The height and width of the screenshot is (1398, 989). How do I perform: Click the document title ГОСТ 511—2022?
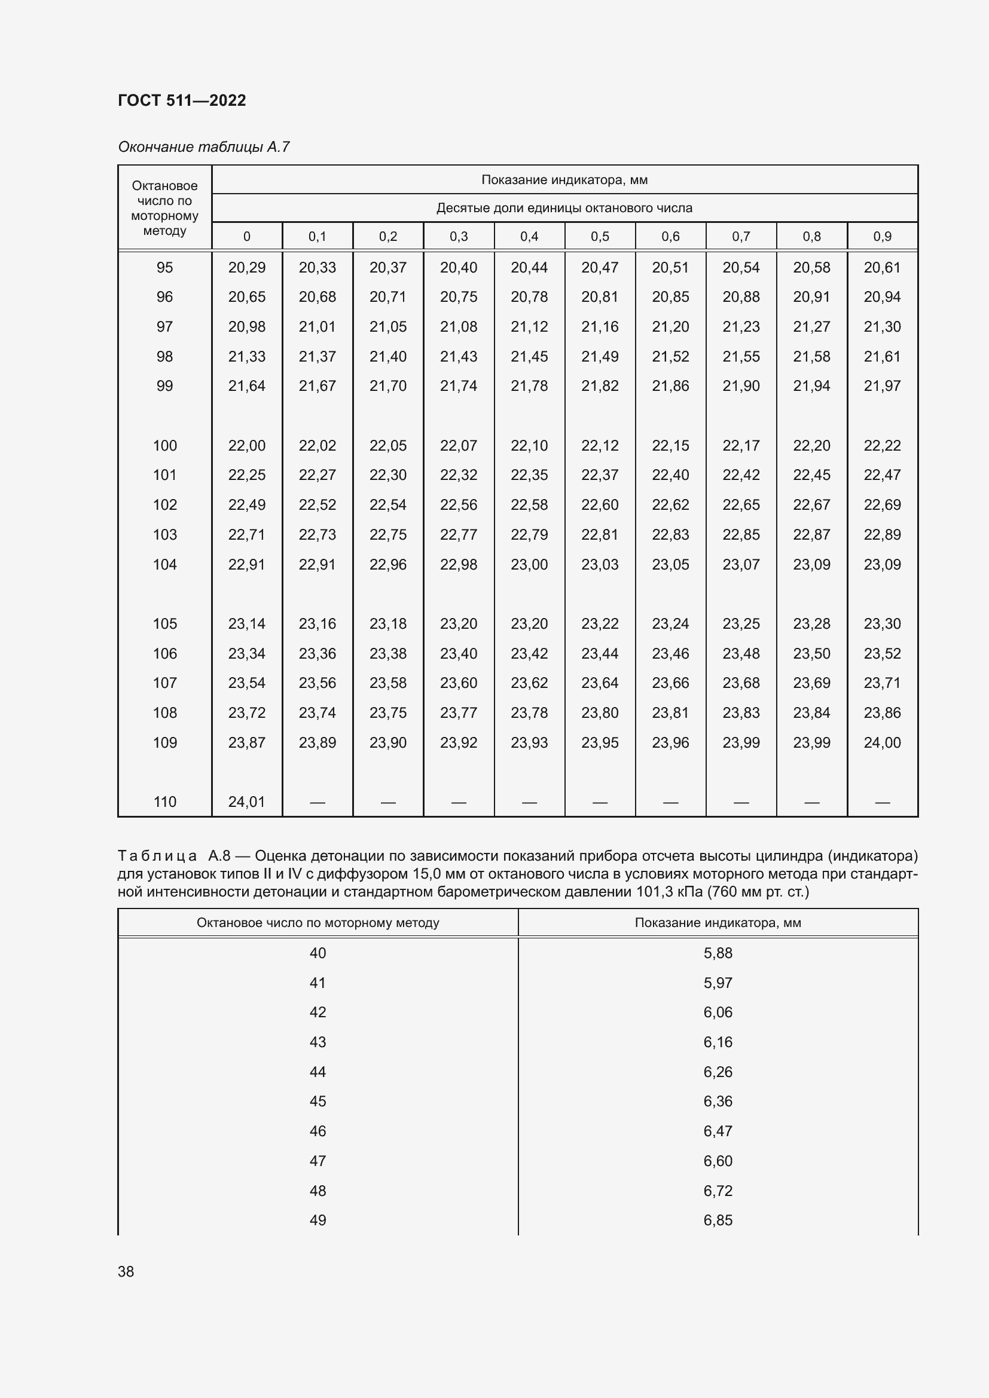pyautogui.click(x=182, y=100)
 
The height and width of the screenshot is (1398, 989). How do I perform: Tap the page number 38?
pyautogui.click(x=126, y=1271)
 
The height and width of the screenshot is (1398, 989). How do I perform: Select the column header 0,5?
pyautogui.click(x=599, y=236)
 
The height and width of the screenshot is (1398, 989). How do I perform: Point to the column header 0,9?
pyautogui.click(x=882, y=236)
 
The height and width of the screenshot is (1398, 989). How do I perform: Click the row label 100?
pyautogui.click(x=164, y=446)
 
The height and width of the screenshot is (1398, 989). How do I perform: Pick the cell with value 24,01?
pyautogui.click(x=246, y=802)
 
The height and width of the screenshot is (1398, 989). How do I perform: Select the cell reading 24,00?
pyautogui.click(x=882, y=742)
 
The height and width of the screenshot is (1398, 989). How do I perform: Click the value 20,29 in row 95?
pyautogui.click(x=246, y=267)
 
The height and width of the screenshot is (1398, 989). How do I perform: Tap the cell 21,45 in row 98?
pyautogui.click(x=529, y=357)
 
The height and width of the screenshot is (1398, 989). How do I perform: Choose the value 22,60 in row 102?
pyautogui.click(x=599, y=505)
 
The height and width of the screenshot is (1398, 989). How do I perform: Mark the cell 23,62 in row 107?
pyautogui.click(x=529, y=683)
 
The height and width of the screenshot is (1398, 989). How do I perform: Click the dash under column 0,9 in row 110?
pyautogui.click(x=882, y=803)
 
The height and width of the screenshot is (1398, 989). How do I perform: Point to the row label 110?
pyautogui.click(x=164, y=802)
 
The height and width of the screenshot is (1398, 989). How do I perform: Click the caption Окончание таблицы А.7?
pyautogui.click(x=203, y=147)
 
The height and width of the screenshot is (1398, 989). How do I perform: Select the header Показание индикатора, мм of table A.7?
pyautogui.click(x=564, y=180)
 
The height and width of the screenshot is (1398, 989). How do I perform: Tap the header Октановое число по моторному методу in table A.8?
pyautogui.click(x=318, y=922)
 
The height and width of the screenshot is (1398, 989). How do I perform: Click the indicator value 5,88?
pyautogui.click(x=718, y=953)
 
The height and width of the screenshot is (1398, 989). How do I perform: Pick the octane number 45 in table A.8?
pyautogui.click(x=318, y=1102)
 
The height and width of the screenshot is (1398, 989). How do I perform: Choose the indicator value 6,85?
pyautogui.click(x=718, y=1220)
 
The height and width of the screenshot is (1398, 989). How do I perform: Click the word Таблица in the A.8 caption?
pyautogui.click(x=157, y=856)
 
